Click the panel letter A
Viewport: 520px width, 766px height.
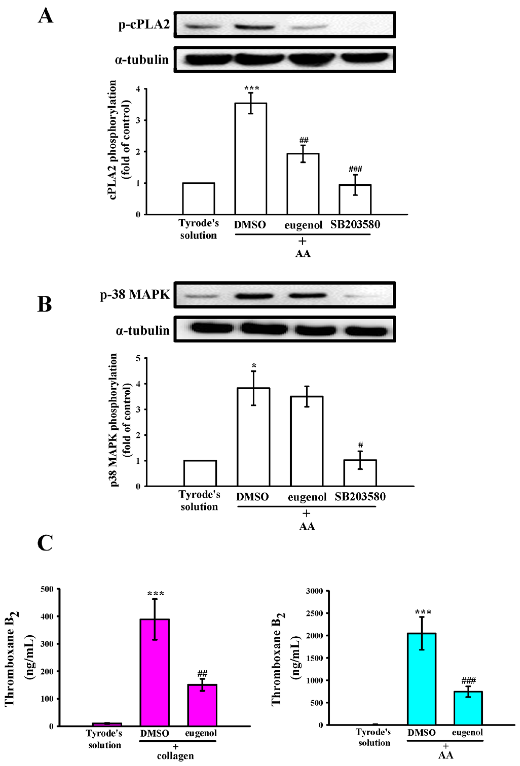(x=45, y=16)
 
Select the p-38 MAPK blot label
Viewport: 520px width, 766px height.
(x=135, y=294)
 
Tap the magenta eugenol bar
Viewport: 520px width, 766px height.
(x=202, y=705)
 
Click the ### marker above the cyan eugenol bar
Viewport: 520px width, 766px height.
(x=468, y=680)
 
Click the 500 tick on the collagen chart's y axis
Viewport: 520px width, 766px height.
(x=47, y=589)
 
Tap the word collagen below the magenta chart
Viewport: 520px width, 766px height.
(x=175, y=756)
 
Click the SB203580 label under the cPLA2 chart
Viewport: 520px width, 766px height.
(x=355, y=224)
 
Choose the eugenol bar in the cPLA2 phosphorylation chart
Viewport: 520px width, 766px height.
(x=302, y=184)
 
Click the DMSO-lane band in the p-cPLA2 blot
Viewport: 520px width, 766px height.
(x=254, y=27)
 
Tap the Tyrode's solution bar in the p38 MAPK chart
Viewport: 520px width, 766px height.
(x=200, y=473)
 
